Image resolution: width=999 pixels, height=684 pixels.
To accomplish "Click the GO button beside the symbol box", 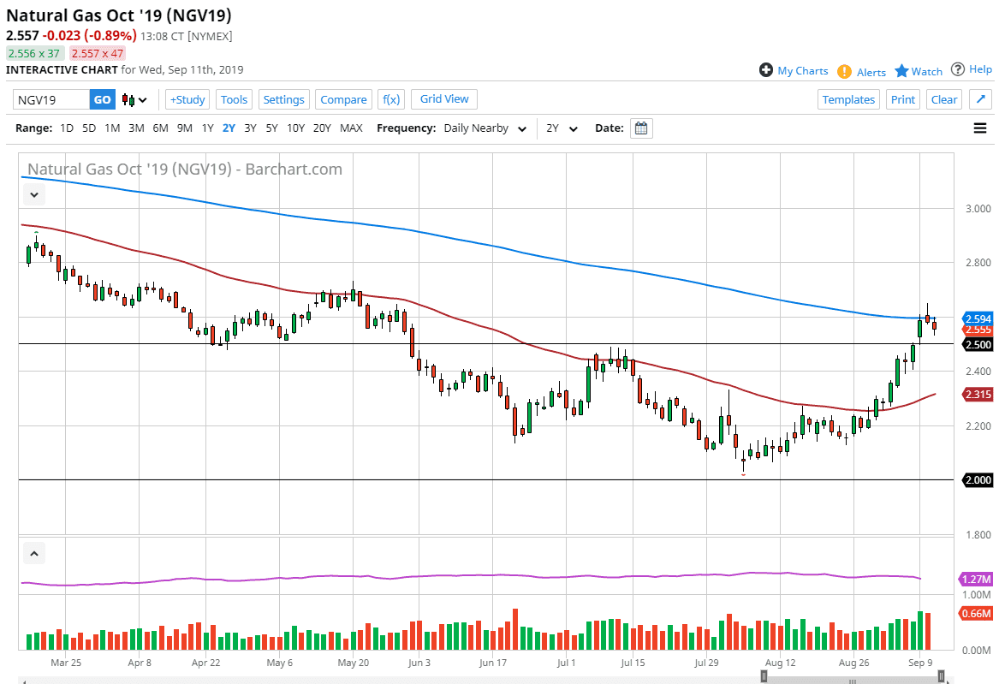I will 102,99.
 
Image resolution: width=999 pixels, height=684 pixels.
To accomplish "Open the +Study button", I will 187,99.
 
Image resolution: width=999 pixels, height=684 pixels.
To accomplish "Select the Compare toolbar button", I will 343,99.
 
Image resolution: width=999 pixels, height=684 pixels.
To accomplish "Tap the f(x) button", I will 391,99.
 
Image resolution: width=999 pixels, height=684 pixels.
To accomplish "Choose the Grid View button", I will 444,99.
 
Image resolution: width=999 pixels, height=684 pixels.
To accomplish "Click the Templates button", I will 848,99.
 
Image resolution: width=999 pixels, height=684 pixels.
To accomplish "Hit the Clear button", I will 944,99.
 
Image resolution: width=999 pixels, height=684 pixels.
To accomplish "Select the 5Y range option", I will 271,128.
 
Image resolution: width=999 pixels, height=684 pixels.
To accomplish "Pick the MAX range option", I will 351,128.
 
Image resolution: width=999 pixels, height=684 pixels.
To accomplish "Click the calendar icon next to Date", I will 641,128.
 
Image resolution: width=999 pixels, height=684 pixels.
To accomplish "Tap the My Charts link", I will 794,71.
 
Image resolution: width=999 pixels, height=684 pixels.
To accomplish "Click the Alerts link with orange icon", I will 862,72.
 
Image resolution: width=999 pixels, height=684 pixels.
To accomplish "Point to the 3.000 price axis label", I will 976,209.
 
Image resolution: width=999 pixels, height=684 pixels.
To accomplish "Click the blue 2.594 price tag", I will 977,318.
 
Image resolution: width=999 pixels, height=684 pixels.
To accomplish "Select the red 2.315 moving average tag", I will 977,395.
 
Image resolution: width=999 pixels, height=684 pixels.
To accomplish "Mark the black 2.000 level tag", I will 977,479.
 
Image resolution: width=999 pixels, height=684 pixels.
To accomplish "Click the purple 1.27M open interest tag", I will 977,579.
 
